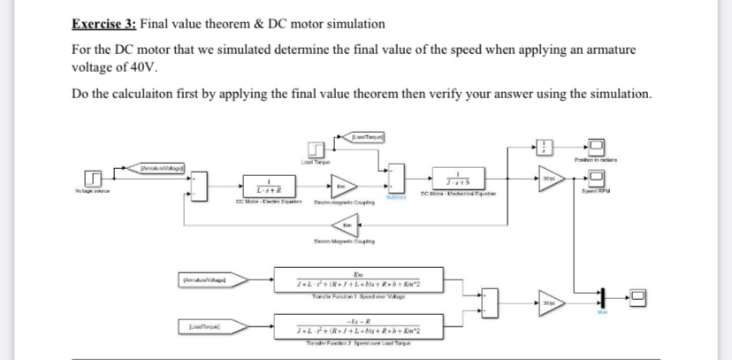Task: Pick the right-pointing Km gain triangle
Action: tap(339, 188)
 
